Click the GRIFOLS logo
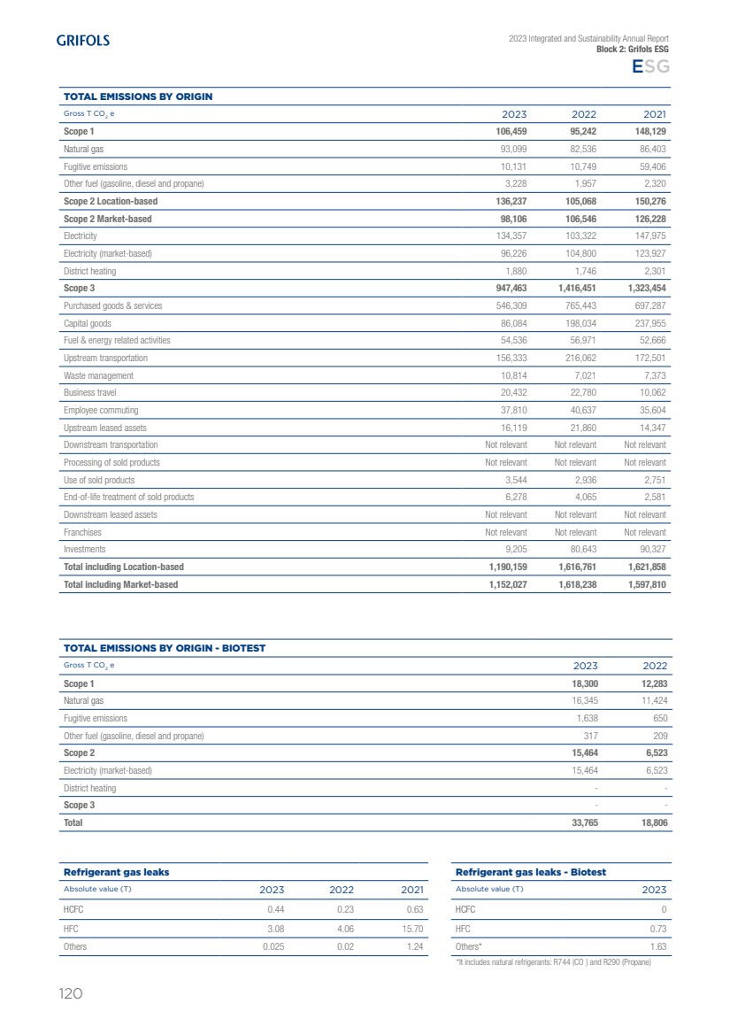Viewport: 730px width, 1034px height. (x=83, y=40)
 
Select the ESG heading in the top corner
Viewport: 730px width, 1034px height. (x=649, y=67)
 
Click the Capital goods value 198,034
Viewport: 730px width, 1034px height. (x=577, y=323)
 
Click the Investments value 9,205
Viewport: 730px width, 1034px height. (x=512, y=549)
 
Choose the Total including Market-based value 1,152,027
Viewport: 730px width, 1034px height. (x=502, y=584)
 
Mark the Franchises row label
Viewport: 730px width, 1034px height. (x=82, y=532)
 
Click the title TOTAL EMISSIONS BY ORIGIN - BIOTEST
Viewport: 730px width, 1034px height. (x=165, y=648)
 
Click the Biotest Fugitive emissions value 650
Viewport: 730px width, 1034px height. (x=659, y=718)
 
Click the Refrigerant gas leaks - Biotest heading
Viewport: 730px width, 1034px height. (x=530, y=872)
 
